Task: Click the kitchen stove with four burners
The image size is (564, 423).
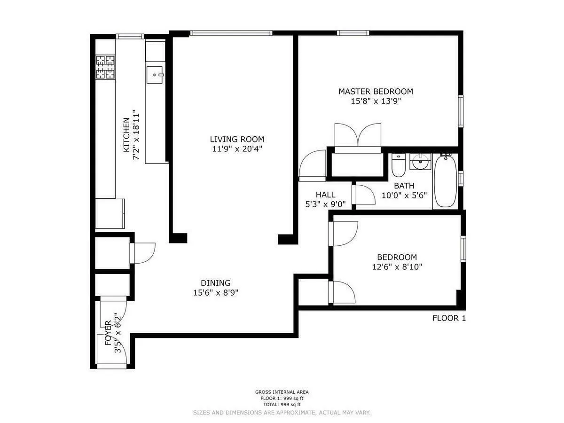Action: click(x=106, y=67)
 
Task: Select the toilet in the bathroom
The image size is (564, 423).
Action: click(x=398, y=164)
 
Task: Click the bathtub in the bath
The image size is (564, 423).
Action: click(x=445, y=180)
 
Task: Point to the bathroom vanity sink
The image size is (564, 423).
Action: click(x=419, y=163)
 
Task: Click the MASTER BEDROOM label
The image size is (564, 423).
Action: click(x=376, y=91)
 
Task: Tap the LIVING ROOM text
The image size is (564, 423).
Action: click(x=237, y=139)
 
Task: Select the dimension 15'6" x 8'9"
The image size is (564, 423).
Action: click(x=216, y=293)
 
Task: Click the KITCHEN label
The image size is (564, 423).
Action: click(x=126, y=134)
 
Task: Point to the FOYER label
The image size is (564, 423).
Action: click(x=108, y=333)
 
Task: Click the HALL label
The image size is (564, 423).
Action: click(x=325, y=195)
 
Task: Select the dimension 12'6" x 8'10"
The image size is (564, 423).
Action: click(x=397, y=267)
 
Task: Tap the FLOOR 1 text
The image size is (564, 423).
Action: click(x=449, y=318)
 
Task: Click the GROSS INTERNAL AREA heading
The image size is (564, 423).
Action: click(x=282, y=392)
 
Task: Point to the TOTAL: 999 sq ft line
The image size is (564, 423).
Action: click(x=282, y=404)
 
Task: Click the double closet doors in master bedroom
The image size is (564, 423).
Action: click(x=357, y=136)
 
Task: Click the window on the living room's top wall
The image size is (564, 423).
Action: click(x=231, y=33)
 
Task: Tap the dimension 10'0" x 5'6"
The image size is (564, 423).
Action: click(x=404, y=195)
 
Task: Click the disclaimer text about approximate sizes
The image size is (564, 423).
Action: click(x=282, y=412)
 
